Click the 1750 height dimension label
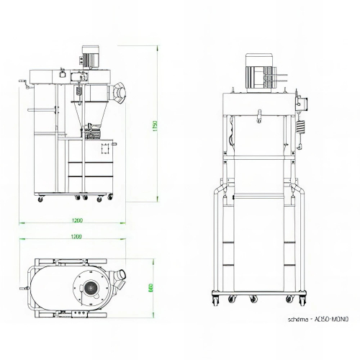[154, 125]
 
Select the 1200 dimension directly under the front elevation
[77, 220]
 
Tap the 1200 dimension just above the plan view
[77, 236]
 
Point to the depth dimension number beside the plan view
[151, 287]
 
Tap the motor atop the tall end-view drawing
[259, 73]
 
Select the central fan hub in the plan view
[90, 288]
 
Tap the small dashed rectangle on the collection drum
[106, 150]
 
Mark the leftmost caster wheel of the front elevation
[40, 197]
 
